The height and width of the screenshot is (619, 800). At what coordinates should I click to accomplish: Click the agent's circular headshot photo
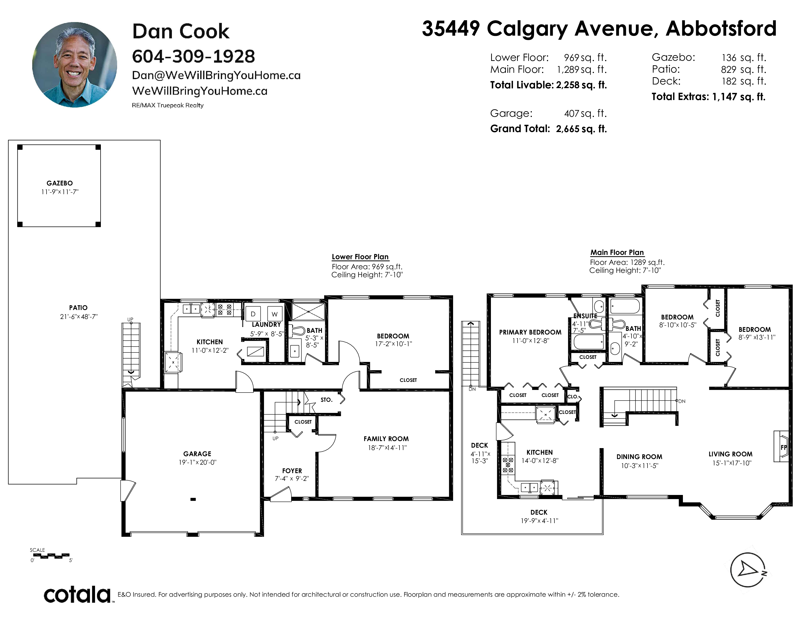tap(75, 65)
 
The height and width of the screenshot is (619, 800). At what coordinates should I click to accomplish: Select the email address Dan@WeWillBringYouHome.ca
tap(216, 75)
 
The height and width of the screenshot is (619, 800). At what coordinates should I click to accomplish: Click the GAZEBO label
tap(59, 183)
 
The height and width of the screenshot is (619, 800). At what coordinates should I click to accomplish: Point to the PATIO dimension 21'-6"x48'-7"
tap(79, 317)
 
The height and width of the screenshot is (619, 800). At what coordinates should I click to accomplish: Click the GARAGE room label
tap(197, 454)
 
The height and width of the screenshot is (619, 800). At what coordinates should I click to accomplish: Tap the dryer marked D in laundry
tap(253, 314)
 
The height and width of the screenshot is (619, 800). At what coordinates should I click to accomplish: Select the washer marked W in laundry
tap(275, 314)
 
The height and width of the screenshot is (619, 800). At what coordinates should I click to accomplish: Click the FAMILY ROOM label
tap(386, 439)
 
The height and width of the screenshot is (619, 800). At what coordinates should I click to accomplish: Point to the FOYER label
tap(292, 470)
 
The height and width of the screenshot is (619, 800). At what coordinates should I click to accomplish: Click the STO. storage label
tap(326, 400)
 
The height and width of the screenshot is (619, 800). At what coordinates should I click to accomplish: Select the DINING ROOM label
tap(639, 457)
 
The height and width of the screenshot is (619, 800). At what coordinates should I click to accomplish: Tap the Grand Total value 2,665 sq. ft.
tap(581, 129)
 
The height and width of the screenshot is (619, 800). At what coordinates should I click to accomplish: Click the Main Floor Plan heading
tap(617, 252)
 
